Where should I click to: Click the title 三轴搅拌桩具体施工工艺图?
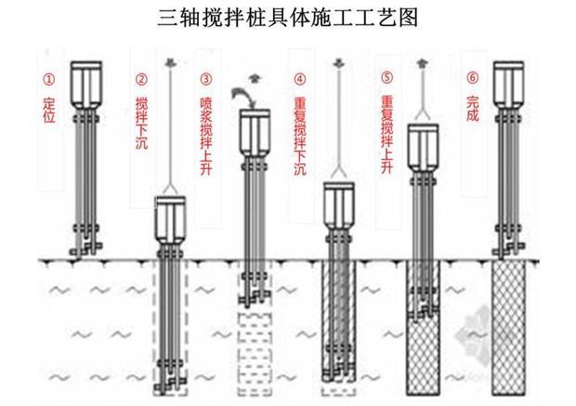click(287, 16)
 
